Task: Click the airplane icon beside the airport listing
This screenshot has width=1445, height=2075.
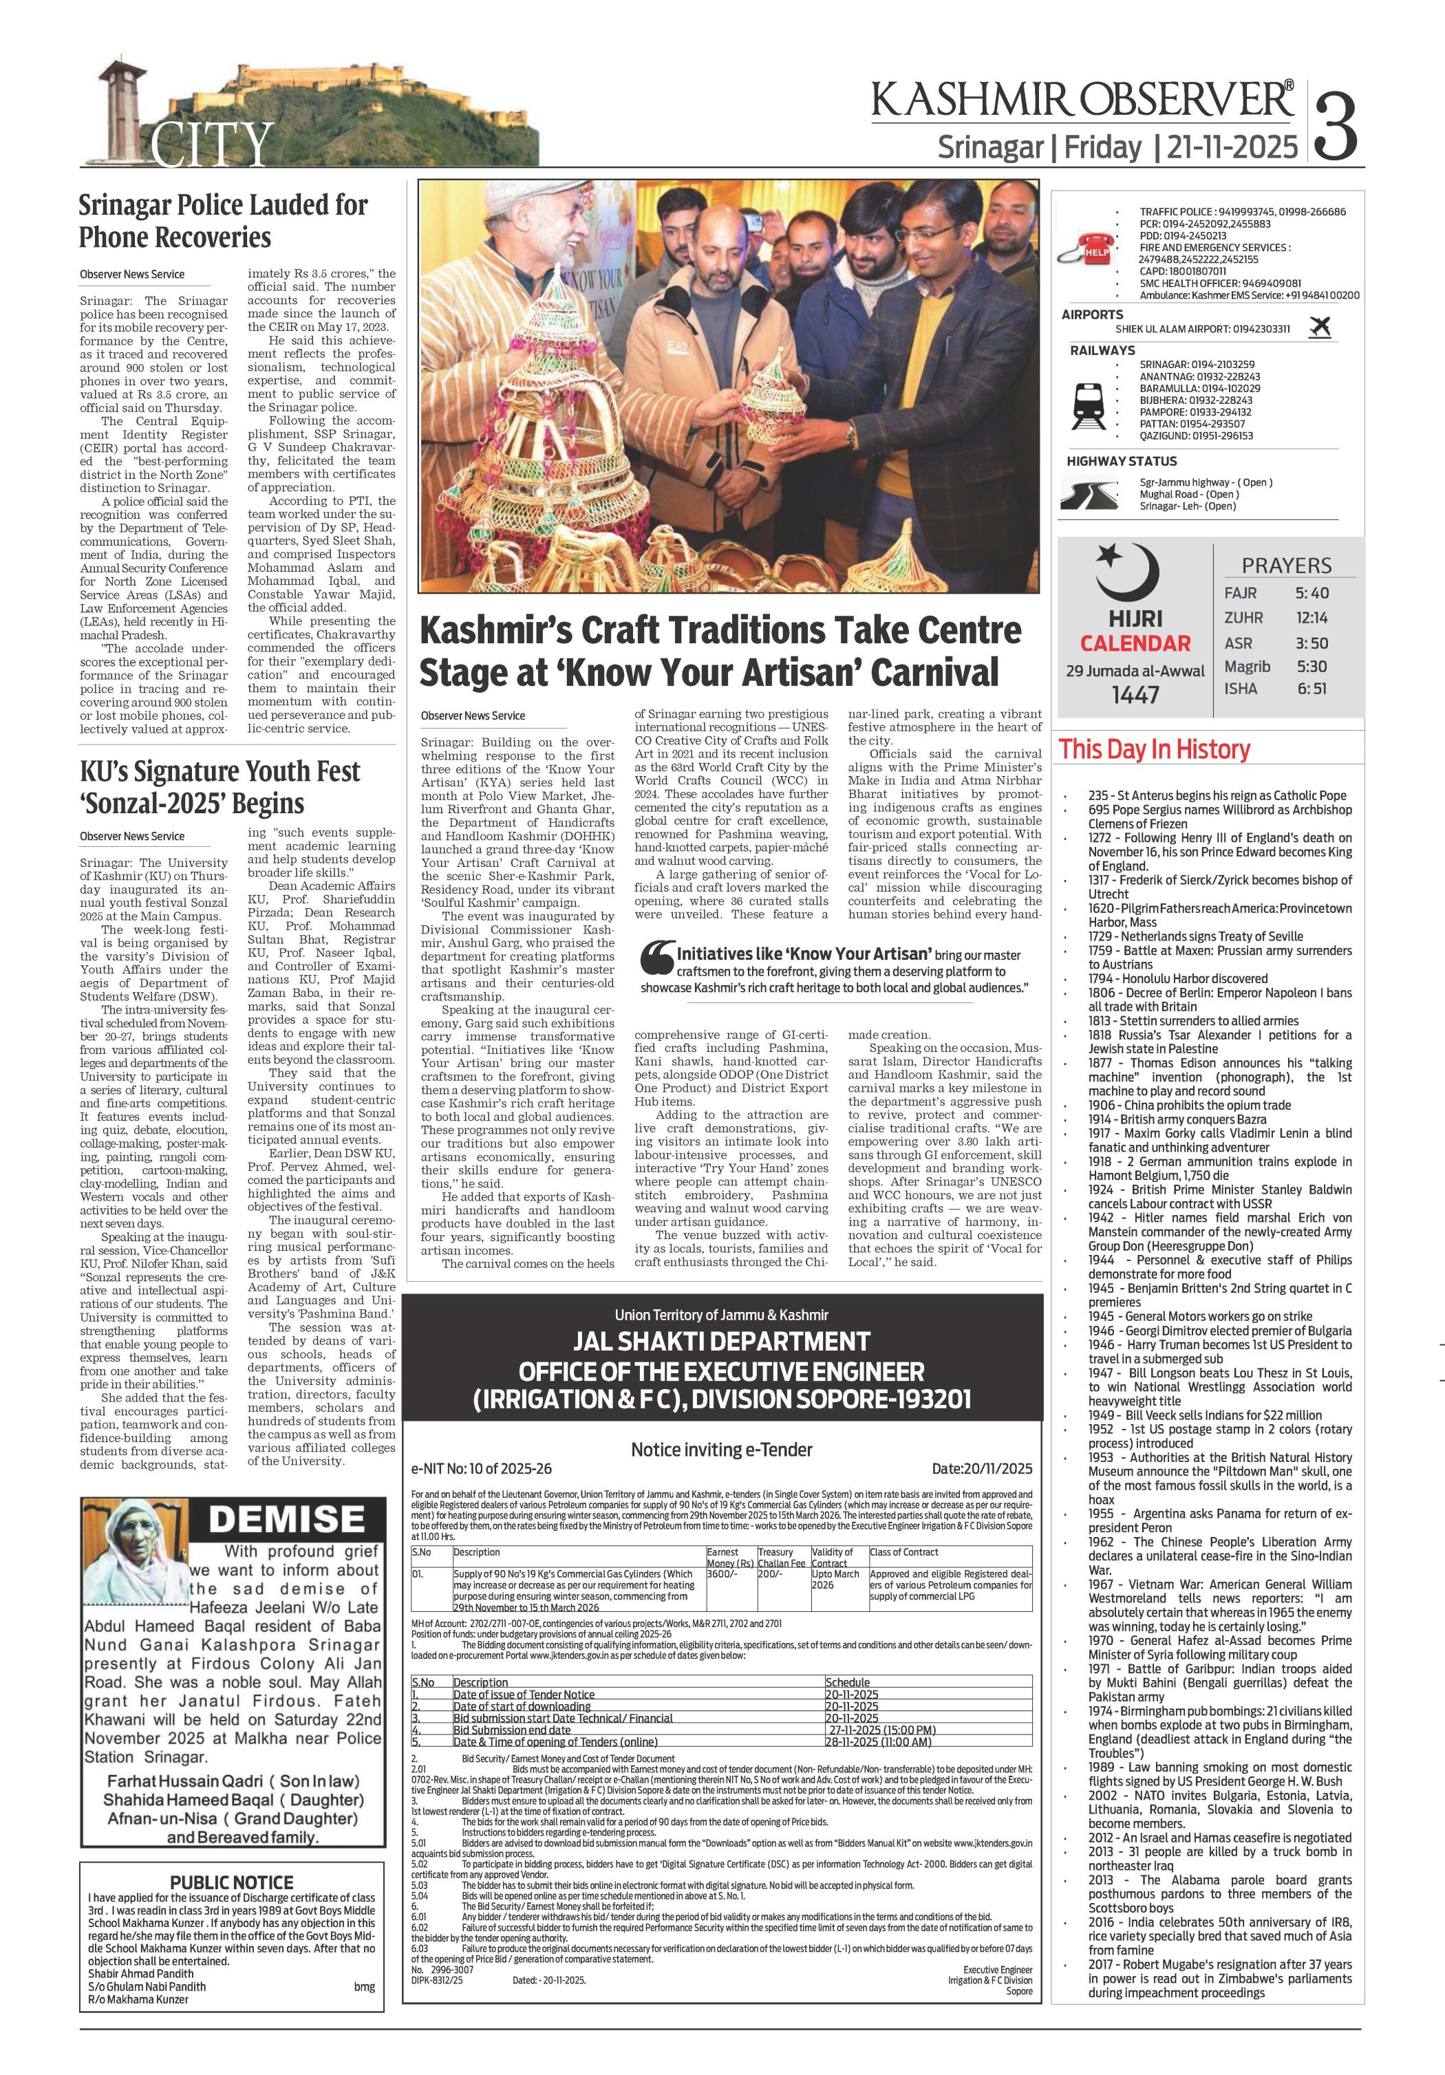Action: pyautogui.click(x=1319, y=327)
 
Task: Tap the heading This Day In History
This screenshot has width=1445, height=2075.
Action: pyautogui.click(x=1154, y=749)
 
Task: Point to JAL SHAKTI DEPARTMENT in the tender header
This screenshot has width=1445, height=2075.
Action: pyautogui.click(x=721, y=1341)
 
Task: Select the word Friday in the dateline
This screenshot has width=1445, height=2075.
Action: pyautogui.click(x=1102, y=147)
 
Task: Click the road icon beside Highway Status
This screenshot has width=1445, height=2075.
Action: pyautogui.click(x=1091, y=493)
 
